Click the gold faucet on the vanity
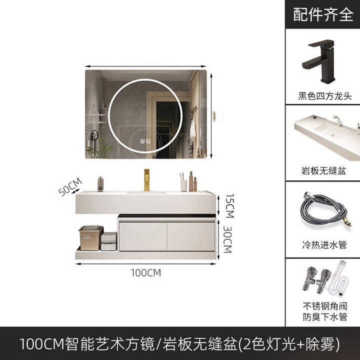(x=146, y=180)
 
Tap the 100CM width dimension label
(x=146, y=273)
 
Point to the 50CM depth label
(x=70, y=186)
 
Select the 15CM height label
(x=229, y=205)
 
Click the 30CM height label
(x=228, y=239)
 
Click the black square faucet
(x=318, y=61)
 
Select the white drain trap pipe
(x=340, y=280)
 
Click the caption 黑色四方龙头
(x=324, y=96)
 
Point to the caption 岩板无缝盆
(x=323, y=171)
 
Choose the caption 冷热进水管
(x=324, y=244)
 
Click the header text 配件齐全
(x=323, y=14)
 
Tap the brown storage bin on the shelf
(x=91, y=237)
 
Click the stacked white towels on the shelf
(x=109, y=241)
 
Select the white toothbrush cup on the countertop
(x=184, y=185)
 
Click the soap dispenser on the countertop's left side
(x=100, y=184)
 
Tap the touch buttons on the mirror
(x=145, y=141)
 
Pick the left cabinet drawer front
(x=143, y=236)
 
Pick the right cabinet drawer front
(x=191, y=236)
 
